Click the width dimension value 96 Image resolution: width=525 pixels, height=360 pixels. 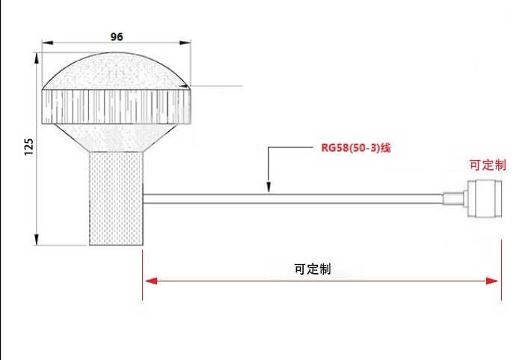(117, 37)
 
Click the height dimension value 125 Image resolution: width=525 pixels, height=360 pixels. (29, 147)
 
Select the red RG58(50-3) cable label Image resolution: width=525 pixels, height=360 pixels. (355, 148)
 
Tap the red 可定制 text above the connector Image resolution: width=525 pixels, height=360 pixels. (488, 165)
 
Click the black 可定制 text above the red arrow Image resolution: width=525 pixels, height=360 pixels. (313, 269)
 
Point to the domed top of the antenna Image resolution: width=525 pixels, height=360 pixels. (116, 71)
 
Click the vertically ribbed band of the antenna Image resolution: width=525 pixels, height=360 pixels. (116, 106)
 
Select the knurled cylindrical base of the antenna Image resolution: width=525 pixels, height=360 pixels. (116, 198)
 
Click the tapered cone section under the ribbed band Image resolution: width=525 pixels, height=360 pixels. (115, 138)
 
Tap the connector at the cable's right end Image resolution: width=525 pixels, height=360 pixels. (485, 198)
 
